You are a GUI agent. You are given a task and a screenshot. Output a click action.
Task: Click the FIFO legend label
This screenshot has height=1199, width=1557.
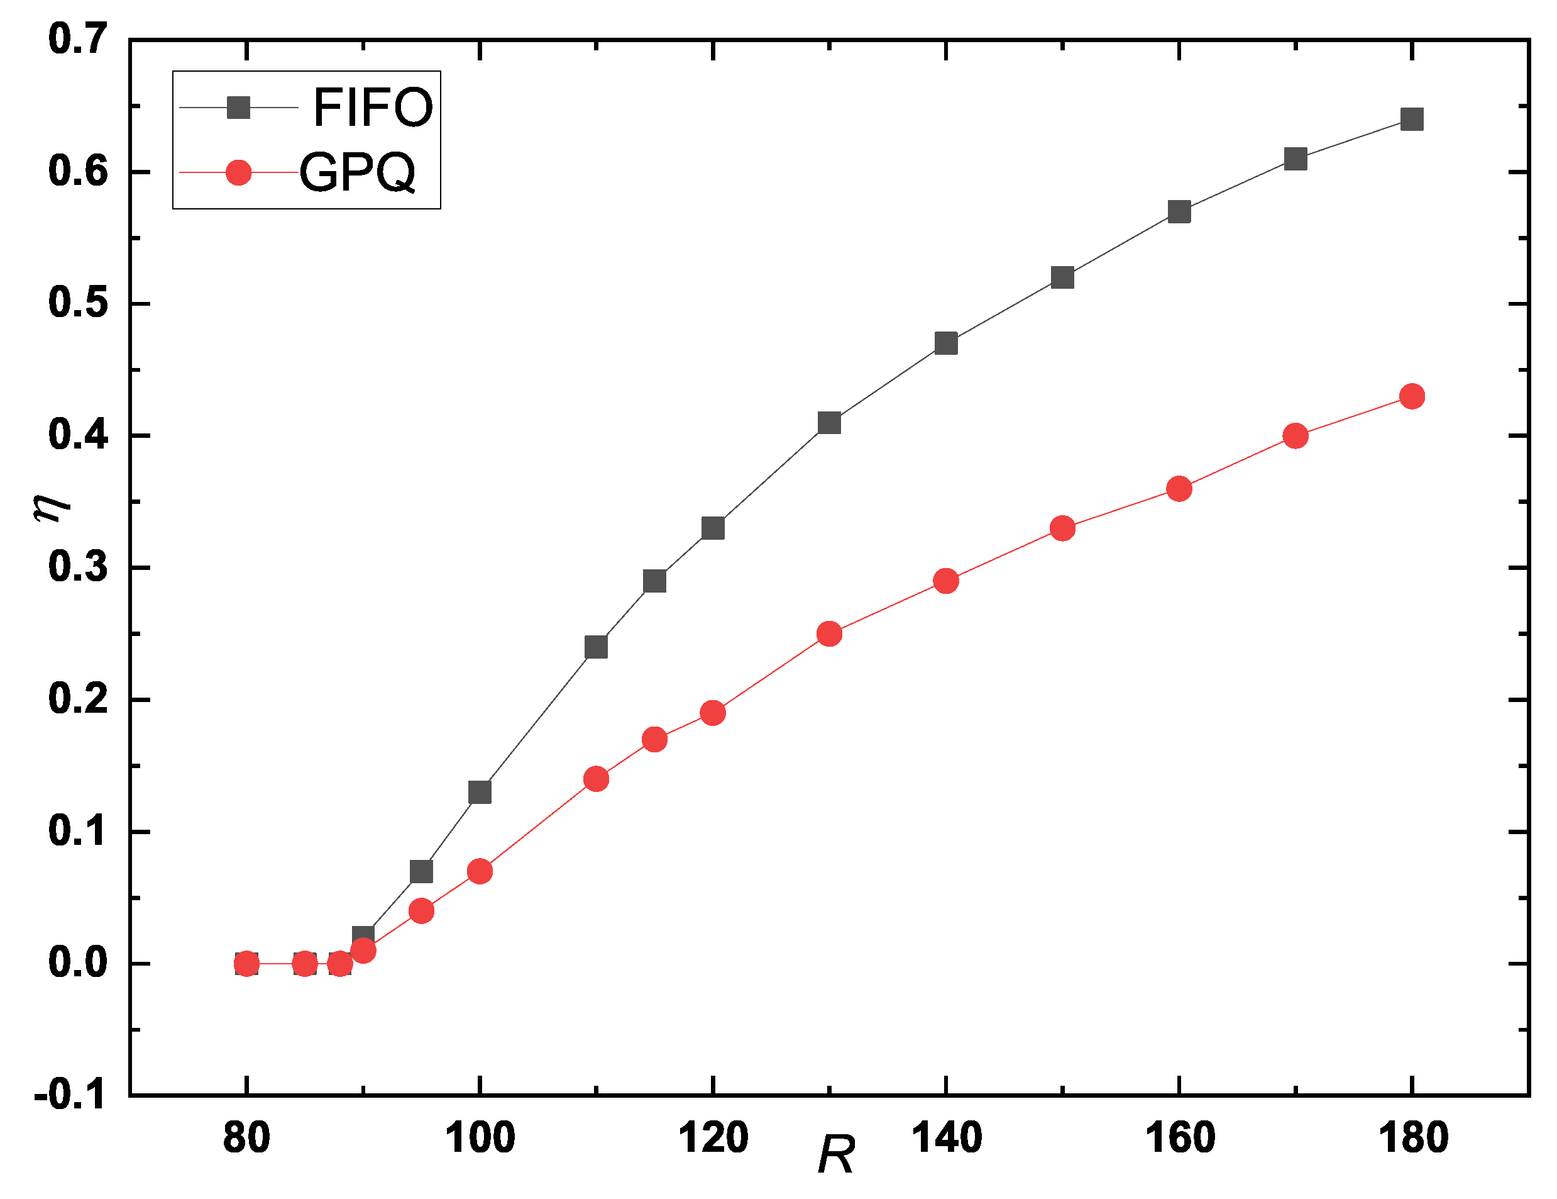coord(373,108)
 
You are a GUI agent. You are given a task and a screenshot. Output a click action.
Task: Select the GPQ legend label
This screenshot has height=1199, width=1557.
coord(356,172)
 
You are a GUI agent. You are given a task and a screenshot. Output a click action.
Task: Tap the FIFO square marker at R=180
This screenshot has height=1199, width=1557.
coord(1412,119)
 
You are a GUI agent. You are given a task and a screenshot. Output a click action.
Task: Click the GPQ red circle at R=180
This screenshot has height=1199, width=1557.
coord(1412,396)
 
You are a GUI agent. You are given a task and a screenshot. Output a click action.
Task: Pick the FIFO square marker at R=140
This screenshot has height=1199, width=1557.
coord(945,343)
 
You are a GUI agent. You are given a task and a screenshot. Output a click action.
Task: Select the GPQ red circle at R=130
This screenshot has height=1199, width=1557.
coord(829,633)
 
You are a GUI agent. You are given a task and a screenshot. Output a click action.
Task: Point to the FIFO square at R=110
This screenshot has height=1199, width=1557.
coord(596,647)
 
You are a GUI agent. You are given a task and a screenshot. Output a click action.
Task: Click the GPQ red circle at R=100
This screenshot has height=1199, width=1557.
coord(480,871)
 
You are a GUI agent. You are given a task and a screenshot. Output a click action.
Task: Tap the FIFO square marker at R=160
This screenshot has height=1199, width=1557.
coord(1179,212)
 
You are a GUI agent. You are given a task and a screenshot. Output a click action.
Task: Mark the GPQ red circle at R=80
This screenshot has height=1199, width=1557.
coord(246,964)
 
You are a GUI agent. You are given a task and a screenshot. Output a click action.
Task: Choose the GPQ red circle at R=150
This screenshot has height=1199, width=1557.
coord(1062,528)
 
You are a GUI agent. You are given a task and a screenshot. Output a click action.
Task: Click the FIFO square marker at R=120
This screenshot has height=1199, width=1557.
coord(713,528)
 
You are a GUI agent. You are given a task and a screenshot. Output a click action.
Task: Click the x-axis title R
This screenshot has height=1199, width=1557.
coord(835,1155)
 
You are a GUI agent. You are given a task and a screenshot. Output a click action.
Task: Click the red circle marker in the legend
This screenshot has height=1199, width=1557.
coord(238,172)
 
